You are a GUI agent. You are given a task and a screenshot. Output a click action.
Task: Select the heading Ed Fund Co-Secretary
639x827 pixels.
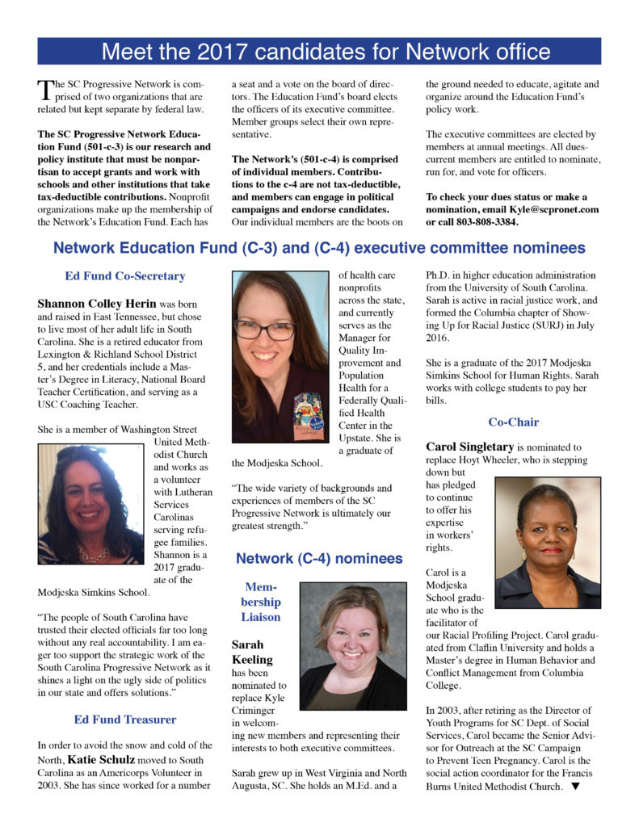tap(125, 276)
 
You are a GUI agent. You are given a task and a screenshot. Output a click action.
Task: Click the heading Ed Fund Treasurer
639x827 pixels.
tap(125, 719)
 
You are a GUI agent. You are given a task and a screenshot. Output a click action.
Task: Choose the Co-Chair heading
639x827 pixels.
tap(513, 422)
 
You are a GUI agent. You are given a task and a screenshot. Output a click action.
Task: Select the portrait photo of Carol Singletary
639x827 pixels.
tap(547, 541)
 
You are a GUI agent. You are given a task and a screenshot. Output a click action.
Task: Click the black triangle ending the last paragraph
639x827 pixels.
tap(575, 786)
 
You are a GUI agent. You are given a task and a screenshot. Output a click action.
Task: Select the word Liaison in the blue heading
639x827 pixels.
tap(260, 616)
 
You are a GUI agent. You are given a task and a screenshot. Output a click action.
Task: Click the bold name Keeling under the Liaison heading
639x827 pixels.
tap(252, 660)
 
